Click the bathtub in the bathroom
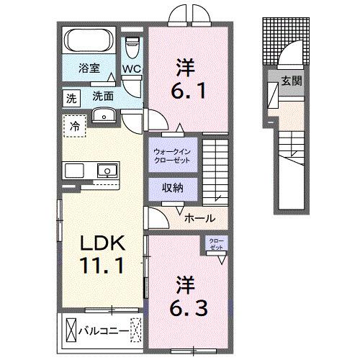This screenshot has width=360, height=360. coord(90,40)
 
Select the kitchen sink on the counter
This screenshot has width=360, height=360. coord(107,171)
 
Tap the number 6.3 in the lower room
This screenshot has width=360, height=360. coord(190,296)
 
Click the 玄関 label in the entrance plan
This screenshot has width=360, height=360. coord(292,81)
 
